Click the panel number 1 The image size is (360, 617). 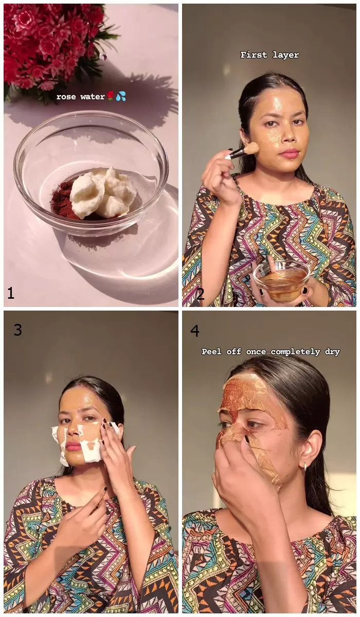(11, 293)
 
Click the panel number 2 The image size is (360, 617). (200, 294)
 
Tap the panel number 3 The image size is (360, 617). (18, 330)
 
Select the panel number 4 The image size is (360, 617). (195, 330)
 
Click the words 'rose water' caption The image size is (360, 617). (80, 97)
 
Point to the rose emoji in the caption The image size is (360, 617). (110, 96)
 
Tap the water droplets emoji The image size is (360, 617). (121, 96)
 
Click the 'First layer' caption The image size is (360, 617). (269, 55)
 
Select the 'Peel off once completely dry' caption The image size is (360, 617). (270, 352)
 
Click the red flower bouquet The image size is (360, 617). (51, 41)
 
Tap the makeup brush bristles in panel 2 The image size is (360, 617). (250, 149)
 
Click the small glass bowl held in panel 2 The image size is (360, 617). (281, 280)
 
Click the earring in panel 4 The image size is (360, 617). (305, 467)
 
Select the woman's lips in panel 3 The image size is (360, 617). (74, 445)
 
